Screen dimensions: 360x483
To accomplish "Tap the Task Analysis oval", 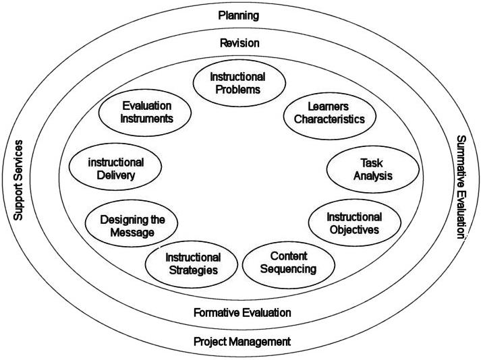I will click(x=368, y=170).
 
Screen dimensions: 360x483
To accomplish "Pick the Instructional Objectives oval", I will click(x=353, y=223).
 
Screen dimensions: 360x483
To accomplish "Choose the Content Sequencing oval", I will click(x=288, y=262).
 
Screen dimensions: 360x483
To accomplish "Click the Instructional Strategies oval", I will click(x=193, y=264).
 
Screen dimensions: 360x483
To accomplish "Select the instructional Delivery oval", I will click(x=116, y=169).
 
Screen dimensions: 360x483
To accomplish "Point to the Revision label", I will click(x=239, y=43).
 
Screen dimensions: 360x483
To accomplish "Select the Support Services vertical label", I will click(x=20, y=180).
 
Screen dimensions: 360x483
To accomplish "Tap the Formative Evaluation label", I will click(x=242, y=312).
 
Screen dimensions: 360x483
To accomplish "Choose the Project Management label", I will click(x=242, y=341).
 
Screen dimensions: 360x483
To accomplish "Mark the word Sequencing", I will click(x=288, y=270).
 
